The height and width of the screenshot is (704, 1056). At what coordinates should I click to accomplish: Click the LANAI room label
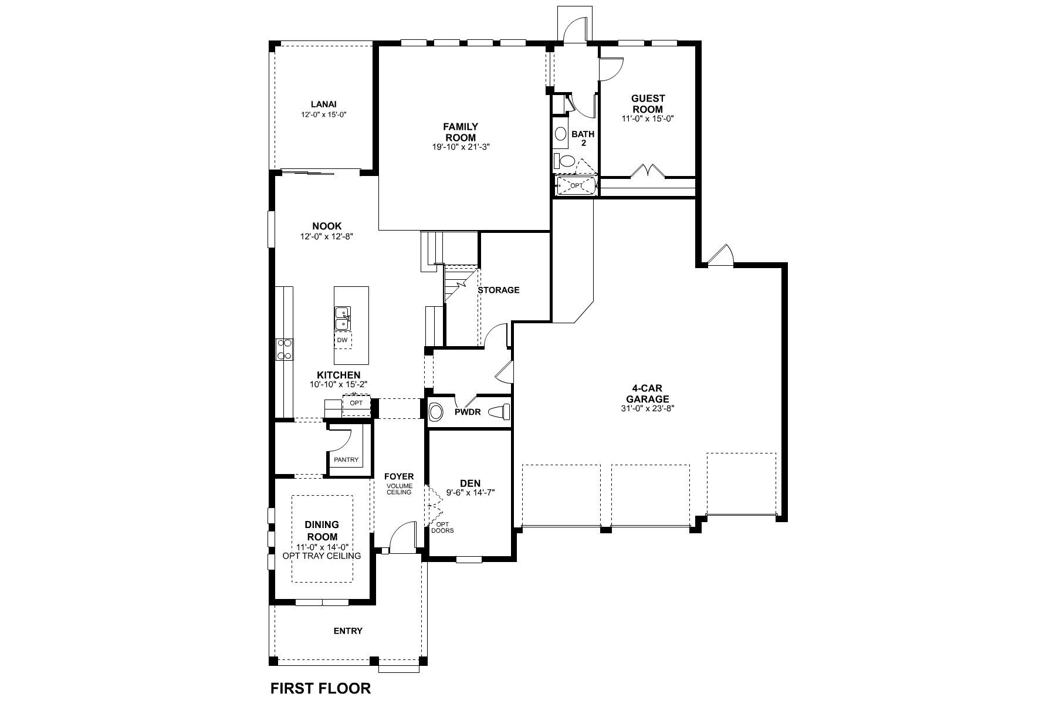(x=324, y=104)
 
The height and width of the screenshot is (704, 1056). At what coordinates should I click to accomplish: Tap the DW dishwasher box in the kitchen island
(x=343, y=340)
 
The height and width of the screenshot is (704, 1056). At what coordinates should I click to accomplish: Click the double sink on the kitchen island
(x=343, y=319)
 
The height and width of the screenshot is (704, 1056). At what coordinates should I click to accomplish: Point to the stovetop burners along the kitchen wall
(x=285, y=350)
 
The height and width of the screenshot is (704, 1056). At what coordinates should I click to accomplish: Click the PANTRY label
(x=346, y=459)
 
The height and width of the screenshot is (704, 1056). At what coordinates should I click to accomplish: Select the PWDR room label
(x=468, y=412)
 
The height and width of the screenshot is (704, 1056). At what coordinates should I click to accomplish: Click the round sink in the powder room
(x=436, y=412)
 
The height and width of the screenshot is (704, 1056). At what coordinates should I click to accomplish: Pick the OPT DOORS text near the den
(x=442, y=527)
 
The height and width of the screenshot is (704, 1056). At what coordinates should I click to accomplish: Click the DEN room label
(x=470, y=483)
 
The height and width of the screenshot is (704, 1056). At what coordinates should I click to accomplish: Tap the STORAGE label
(x=498, y=290)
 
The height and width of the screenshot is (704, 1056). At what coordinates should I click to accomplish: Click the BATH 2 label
(x=583, y=138)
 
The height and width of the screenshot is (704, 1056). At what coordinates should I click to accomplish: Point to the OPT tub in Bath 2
(x=576, y=186)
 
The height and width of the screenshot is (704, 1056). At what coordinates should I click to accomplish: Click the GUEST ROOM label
(x=648, y=104)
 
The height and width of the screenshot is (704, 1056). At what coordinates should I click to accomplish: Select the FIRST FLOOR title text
(x=320, y=688)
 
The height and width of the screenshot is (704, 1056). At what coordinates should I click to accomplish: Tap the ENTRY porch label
(x=348, y=631)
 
